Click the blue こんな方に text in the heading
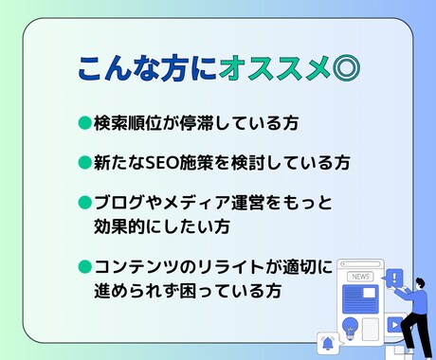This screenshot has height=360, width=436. coord(147,68)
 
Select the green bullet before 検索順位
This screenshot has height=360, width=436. coord(85,122)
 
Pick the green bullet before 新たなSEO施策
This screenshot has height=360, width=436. coord(85,162)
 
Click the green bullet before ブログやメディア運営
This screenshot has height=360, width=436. coord(85,202)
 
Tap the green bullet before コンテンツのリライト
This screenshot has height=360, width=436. coord(85,268)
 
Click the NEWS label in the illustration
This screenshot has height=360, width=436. coord(360,277)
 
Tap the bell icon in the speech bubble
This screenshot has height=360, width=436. coord(329,342)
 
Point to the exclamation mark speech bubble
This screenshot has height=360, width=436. coord(395,279)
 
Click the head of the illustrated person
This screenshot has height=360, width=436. coord(414,287)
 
